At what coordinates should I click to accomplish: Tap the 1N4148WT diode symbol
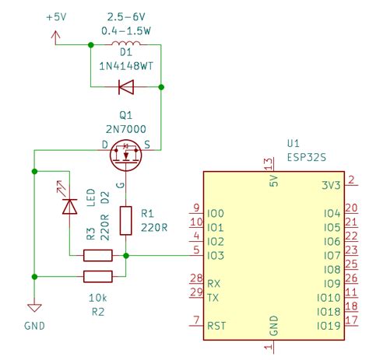[125, 86]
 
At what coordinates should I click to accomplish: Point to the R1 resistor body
[125, 221]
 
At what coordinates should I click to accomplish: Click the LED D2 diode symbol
[69, 205]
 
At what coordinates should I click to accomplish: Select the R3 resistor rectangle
[98, 255]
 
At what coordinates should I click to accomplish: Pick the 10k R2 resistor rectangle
[98, 275]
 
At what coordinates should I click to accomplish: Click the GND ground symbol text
[34, 326]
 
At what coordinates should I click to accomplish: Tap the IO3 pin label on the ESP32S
[216, 255]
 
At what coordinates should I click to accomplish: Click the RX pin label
[213, 284]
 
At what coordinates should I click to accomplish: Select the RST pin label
[216, 327]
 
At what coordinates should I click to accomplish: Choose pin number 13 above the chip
[269, 165]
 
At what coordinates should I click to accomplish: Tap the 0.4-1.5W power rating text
[125, 30]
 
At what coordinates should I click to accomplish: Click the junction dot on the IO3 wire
[125, 255]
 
